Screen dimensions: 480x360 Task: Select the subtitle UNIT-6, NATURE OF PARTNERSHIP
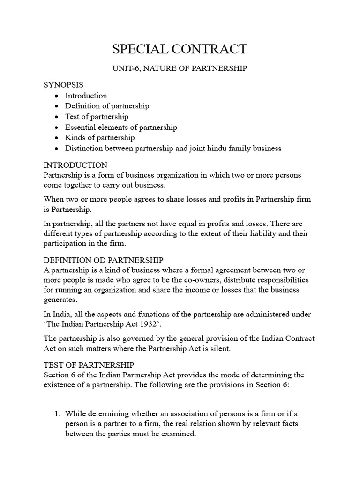[180, 68]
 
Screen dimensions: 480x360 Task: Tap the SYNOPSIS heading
[63, 85]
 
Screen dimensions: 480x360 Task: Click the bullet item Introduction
[86, 96]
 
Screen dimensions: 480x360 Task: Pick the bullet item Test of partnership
[97, 117]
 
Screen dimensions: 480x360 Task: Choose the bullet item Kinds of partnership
[100, 138]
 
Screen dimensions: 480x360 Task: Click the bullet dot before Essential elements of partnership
[56, 127]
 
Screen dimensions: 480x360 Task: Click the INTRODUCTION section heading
[75, 165]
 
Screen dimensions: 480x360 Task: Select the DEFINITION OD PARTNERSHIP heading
[103, 260]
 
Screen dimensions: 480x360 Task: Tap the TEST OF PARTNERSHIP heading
[89, 365]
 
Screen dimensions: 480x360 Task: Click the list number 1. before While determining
[57, 413]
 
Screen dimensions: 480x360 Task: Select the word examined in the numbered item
[178, 434]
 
